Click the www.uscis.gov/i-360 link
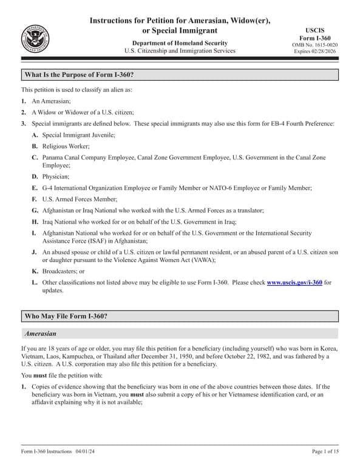[x=294, y=282]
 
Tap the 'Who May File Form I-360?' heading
[x=66, y=316]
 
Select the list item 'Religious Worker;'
[x=67, y=146]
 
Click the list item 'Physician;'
[x=56, y=176]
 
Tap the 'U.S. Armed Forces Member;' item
[x=79, y=199]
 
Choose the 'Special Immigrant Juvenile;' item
[x=78, y=135]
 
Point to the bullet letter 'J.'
[x=35, y=252]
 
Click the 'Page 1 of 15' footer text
[x=325, y=451]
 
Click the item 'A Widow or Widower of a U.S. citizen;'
[x=83, y=112]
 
